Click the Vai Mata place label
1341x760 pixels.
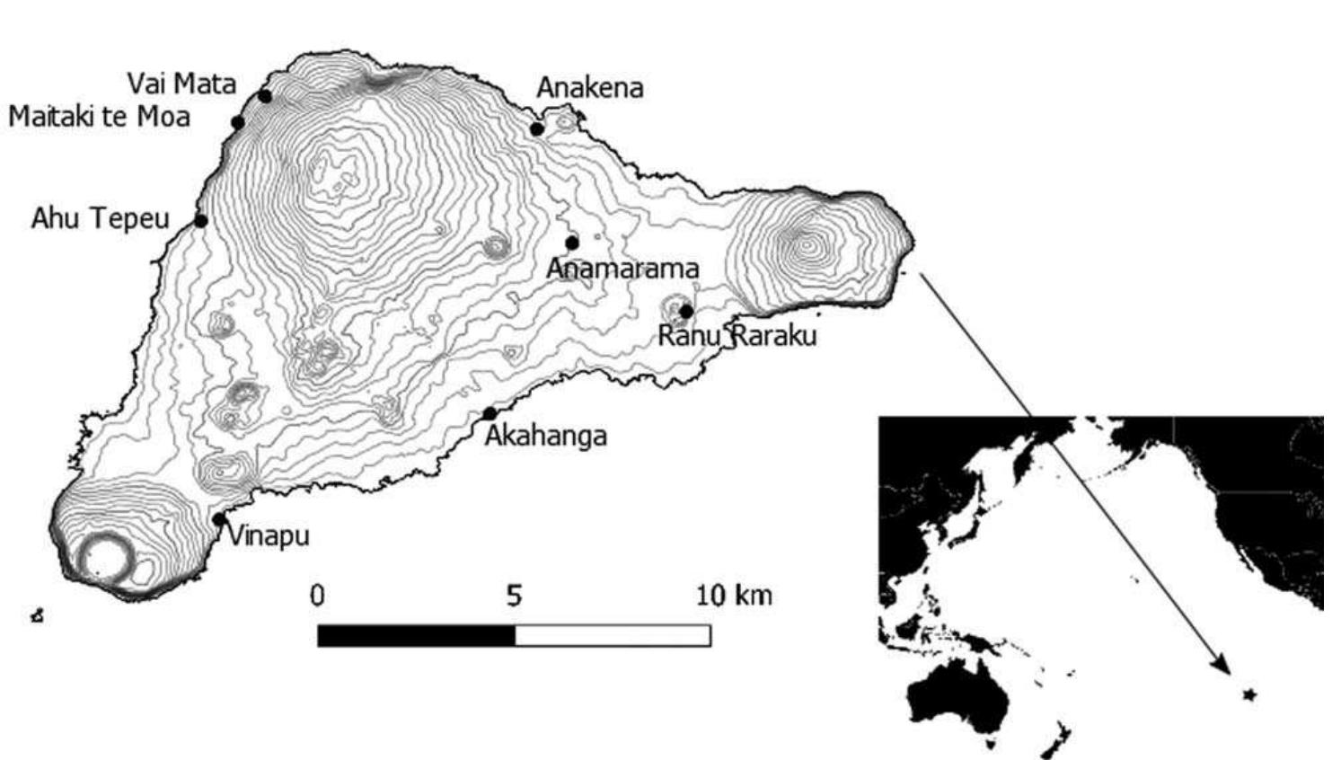(181, 84)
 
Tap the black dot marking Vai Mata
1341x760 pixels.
(264, 96)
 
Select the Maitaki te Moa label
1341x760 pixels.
(99, 116)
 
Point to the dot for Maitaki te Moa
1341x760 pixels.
(238, 122)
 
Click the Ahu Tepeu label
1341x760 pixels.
(100, 218)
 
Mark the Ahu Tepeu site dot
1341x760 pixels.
(201, 221)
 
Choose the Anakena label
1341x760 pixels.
(589, 88)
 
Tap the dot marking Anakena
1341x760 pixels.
(537, 129)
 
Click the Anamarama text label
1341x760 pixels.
(622, 268)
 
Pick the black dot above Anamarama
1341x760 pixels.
(572, 243)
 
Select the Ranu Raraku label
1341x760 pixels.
(737, 336)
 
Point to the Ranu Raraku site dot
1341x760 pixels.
(686, 312)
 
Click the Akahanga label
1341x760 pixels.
(545, 436)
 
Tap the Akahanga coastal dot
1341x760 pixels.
(490, 413)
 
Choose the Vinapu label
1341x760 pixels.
(268, 536)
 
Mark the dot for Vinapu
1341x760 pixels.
(218, 519)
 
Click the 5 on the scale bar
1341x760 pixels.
(513, 596)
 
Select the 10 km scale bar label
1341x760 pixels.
(734, 595)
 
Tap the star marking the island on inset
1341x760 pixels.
(1248, 694)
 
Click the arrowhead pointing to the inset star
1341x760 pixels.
(1222, 666)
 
